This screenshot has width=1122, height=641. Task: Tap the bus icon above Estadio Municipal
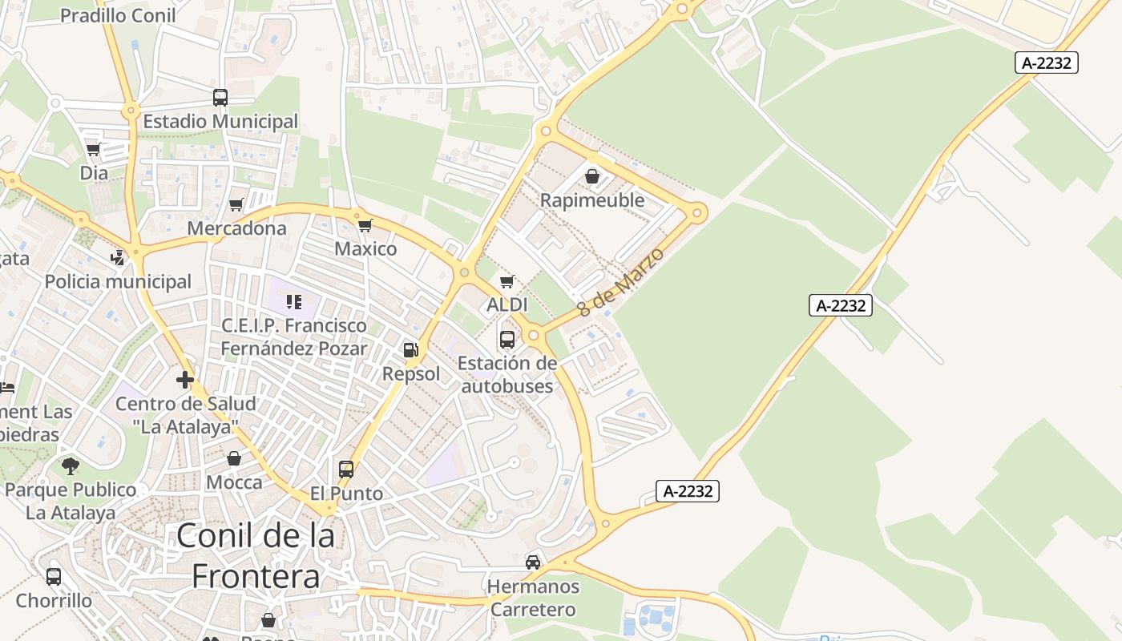click(x=220, y=98)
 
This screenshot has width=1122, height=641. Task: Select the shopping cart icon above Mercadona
click(x=236, y=205)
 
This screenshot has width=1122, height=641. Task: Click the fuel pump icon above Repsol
click(x=410, y=349)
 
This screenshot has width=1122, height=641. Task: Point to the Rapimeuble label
click(x=592, y=200)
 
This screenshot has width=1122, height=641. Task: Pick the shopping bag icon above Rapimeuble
click(x=592, y=175)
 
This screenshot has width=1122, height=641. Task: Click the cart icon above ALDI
click(x=507, y=281)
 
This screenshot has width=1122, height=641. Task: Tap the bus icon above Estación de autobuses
click(x=507, y=340)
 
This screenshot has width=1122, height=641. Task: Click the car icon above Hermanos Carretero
click(x=533, y=562)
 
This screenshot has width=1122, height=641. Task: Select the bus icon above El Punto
click(x=346, y=470)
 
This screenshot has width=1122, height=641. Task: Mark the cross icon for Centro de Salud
click(x=185, y=380)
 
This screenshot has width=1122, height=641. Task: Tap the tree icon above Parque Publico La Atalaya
click(x=71, y=466)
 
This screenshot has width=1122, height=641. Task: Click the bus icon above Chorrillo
click(x=54, y=576)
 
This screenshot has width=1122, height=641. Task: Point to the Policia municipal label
click(x=118, y=281)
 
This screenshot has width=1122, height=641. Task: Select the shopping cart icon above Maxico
click(x=365, y=225)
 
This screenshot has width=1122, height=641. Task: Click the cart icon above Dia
click(x=94, y=150)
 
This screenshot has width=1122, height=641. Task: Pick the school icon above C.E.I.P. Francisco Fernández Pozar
click(x=293, y=302)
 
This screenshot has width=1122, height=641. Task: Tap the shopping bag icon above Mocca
click(x=234, y=458)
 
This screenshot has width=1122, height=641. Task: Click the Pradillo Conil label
click(x=118, y=15)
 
